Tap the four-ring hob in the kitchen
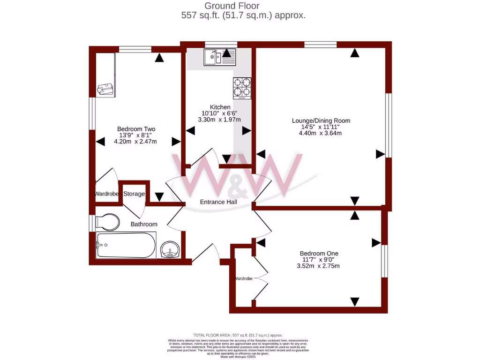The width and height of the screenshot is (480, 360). pyautogui.click(x=242, y=87)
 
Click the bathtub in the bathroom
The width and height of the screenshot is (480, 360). pyautogui.click(x=126, y=245)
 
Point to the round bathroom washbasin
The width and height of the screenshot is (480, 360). pyautogui.click(x=170, y=250)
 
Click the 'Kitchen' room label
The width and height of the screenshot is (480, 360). pyautogui.click(x=220, y=107)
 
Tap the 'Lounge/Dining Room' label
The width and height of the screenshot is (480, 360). pyautogui.click(x=321, y=120)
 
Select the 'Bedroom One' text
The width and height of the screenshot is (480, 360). pyautogui.click(x=319, y=254)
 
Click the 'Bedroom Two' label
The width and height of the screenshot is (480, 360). pyautogui.click(x=136, y=129)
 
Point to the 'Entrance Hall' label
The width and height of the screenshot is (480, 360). pyautogui.click(x=218, y=202)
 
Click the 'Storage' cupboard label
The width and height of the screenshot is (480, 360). pyautogui.click(x=134, y=194)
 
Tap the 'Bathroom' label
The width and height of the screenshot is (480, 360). pyautogui.click(x=144, y=224)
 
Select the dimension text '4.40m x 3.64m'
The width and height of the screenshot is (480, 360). pyautogui.click(x=320, y=133)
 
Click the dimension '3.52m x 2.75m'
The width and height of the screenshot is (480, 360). pyautogui.click(x=318, y=266)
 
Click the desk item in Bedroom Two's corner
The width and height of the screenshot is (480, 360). pyautogui.click(x=105, y=89)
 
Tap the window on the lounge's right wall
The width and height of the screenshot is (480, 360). pyautogui.click(x=388, y=125)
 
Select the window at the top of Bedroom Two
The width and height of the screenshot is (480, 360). pyautogui.click(x=135, y=49)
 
